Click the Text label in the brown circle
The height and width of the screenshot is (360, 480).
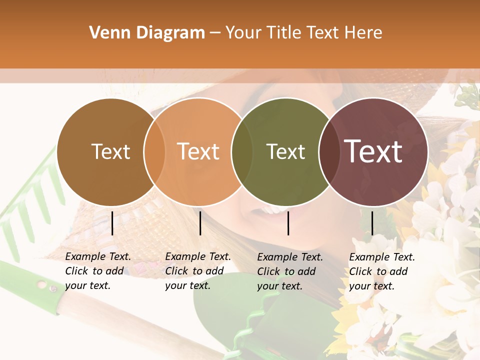pos(110,151)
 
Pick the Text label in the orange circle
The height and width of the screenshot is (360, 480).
pos(198,151)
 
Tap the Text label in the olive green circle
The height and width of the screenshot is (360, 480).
pos(285,151)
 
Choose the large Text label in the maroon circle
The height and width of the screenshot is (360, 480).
pos(373,151)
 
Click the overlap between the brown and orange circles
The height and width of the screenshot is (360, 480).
pos(154,152)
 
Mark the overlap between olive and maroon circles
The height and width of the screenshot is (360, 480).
pos(328,152)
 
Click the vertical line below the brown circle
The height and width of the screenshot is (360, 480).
pos(112,223)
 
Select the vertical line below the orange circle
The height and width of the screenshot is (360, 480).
pos(200,223)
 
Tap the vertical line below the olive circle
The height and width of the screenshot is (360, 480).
pos(288,223)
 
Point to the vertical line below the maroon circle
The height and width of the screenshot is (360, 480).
pos(372,223)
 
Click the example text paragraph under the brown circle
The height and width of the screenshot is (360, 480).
pos(97,271)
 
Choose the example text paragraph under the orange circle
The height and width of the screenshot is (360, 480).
pos(197,271)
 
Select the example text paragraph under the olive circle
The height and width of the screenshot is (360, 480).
pos(289,271)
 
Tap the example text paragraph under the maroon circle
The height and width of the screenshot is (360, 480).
pos(381,271)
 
